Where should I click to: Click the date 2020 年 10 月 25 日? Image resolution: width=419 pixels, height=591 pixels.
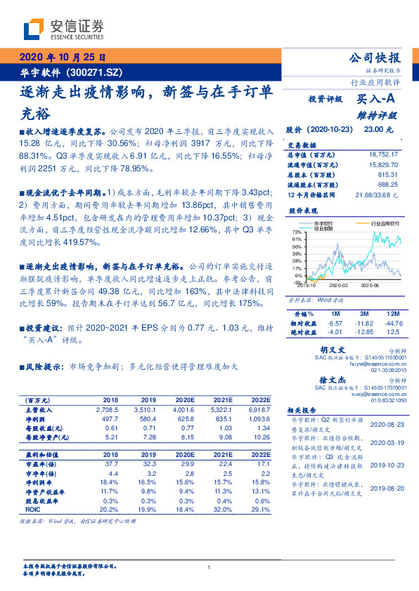tap(61, 58)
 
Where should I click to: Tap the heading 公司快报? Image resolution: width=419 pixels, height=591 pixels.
tap(375, 58)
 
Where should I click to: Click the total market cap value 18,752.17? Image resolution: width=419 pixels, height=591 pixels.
tap(384, 154)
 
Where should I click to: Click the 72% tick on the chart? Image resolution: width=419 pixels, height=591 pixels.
tap(298, 231)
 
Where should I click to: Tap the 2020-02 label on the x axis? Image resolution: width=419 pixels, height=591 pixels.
tap(339, 286)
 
